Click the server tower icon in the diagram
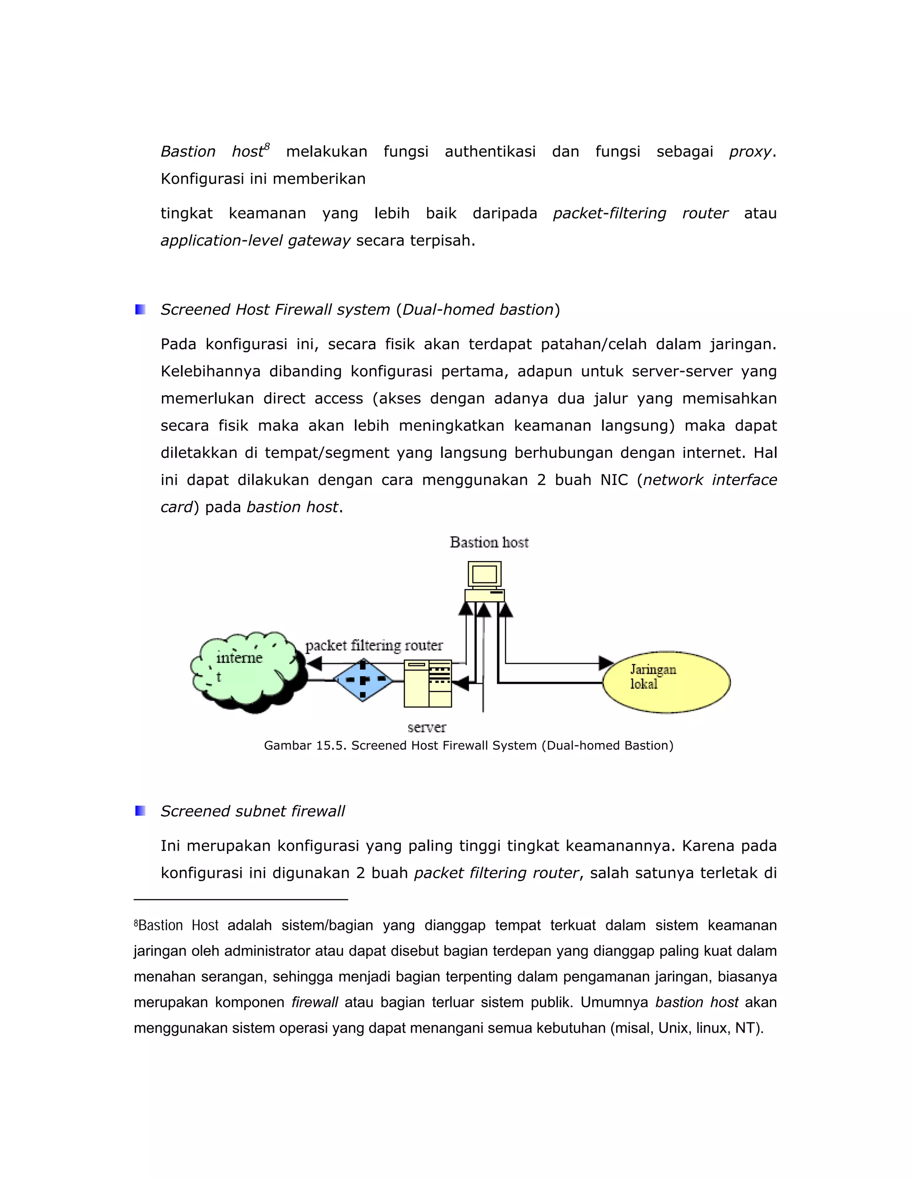coord(427,683)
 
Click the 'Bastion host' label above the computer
coord(489,542)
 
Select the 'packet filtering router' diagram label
coord(374,645)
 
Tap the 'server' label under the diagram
coord(426,727)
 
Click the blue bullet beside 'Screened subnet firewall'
coord(140,810)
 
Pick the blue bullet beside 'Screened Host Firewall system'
coord(140,309)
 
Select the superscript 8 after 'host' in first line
coord(266,146)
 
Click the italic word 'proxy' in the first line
coord(750,152)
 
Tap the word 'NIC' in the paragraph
coord(613,480)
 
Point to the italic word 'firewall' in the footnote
coord(314,1002)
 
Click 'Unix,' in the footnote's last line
coord(673,1028)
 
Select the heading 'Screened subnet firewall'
coord(253,811)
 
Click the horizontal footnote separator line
coord(241,899)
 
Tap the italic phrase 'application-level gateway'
coord(255,240)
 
